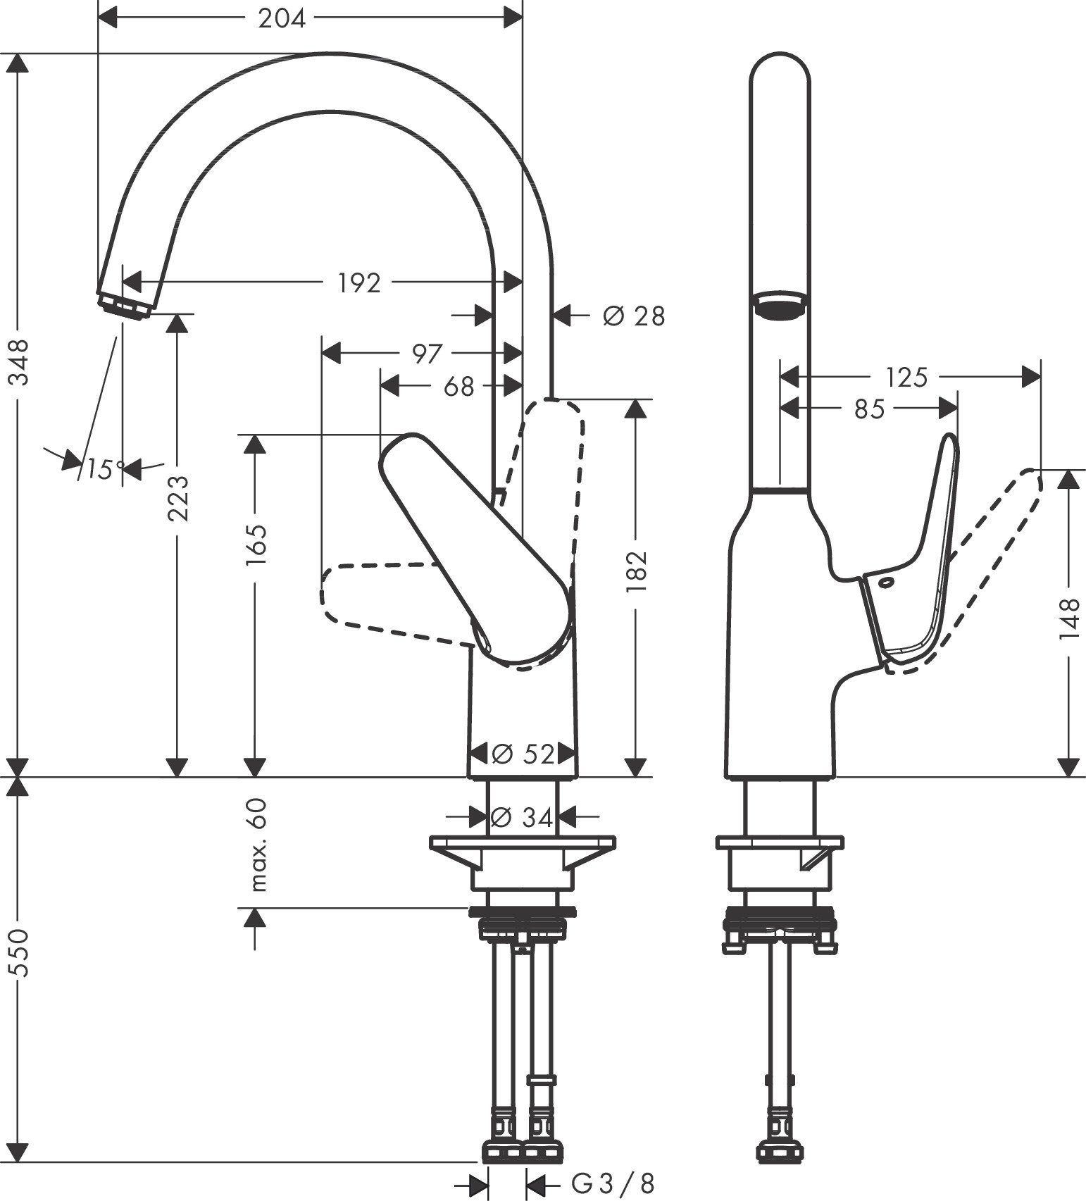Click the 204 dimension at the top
coord(282,18)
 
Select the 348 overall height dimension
coord(19,361)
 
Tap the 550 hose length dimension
coord(19,952)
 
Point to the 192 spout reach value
coord(359,283)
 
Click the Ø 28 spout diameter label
coord(633,316)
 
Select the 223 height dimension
coord(177,498)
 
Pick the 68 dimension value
coord(458,387)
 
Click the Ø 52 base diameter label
coord(523,754)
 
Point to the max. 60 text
coord(258,845)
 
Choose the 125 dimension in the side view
coord(906,378)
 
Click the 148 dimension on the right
coord(1068,618)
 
